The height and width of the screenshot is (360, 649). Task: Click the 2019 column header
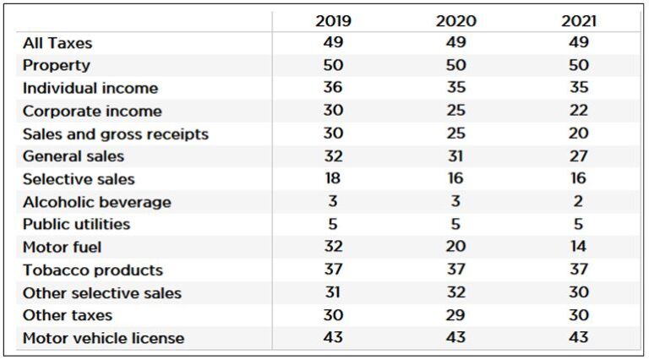333,21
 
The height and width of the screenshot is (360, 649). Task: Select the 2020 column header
455,21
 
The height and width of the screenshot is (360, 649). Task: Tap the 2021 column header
579,21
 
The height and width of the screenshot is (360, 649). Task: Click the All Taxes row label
57,43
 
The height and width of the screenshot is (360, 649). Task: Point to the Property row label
56,65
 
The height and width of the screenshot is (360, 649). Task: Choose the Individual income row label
90,88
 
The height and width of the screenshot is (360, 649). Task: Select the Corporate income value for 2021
579,111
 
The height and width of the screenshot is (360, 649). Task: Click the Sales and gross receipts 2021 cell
579,134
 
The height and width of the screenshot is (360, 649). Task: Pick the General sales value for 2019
333,155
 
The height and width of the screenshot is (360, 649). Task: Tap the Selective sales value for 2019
333,178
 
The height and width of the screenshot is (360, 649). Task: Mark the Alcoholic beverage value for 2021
579,202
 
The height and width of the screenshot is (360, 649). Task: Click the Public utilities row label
76,225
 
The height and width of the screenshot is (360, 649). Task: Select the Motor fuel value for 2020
455,248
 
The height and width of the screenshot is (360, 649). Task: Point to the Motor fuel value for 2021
579,248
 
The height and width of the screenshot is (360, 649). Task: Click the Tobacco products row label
92,270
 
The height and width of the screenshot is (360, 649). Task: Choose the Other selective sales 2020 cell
455,293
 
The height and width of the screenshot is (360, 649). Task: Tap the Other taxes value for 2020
455,315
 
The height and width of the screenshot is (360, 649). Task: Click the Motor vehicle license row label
103,338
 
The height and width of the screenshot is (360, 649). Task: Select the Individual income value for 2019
333,88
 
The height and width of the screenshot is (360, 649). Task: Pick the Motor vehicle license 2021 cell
579,338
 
